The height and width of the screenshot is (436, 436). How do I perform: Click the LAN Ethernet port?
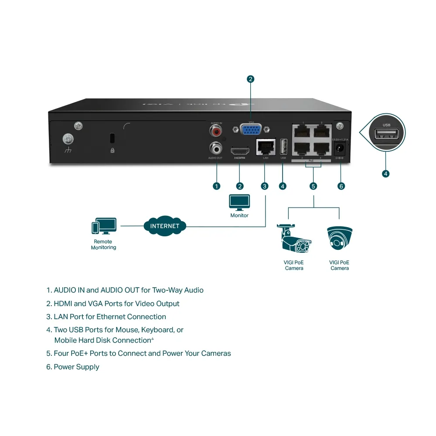pos(266,146)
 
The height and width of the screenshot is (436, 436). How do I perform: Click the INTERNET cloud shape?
pos(165,226)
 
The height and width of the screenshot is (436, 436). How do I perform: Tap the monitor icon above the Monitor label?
pos(239,202)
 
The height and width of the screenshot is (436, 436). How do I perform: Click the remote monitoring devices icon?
pos(104,226)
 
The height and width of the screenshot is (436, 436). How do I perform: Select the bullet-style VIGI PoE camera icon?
pos(294,239)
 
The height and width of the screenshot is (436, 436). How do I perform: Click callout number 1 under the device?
pos(216,186)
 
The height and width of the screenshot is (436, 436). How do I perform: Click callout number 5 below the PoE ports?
pos(313,186)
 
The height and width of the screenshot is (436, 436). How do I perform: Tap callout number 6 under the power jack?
pos(341,186)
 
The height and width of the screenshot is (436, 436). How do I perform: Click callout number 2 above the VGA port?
pos(250,79)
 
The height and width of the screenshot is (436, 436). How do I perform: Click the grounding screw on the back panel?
pos(68,139)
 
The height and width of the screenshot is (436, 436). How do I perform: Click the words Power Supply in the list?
pos(76,367)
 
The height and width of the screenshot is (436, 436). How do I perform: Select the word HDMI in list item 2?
pos(63,303)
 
